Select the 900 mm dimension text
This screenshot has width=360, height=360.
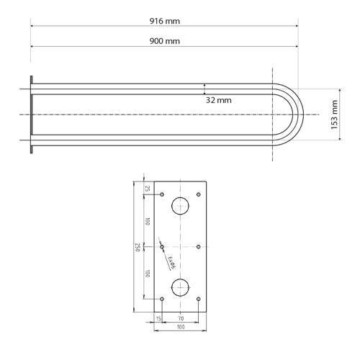165,41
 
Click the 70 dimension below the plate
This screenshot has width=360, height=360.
180,318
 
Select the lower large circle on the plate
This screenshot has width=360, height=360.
180,286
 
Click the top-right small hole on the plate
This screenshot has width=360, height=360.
198,195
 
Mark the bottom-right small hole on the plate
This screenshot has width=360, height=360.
198,298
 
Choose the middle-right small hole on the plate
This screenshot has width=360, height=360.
198,246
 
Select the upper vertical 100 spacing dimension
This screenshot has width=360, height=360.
148,221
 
